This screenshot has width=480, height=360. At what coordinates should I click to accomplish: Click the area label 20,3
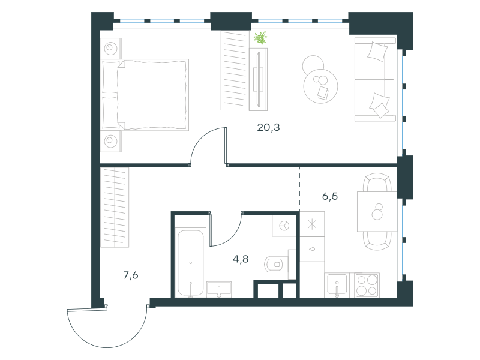(x=268, y=127)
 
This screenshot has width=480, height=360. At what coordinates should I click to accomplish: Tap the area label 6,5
(x=329, y=196)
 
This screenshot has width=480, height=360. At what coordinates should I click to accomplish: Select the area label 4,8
(x=241, y=259)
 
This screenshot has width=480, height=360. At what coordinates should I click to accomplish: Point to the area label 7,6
(x=130, y=275)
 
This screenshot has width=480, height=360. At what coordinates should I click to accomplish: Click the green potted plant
(x=260, y=38)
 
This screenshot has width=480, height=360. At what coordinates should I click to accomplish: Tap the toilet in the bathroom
(x=276, y=265)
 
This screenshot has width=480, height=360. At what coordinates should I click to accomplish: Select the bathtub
(x=190, y=263)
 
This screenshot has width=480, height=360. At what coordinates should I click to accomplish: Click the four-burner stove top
(x=367, y=285)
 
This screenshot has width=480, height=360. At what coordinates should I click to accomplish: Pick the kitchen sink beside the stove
(x=337, y=285)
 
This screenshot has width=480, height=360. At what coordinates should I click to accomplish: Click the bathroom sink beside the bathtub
(x=219, y=289)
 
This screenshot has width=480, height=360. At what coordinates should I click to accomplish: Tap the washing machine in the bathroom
(x=284, y=226)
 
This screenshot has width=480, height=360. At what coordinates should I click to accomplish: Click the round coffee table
(x=320, y=86)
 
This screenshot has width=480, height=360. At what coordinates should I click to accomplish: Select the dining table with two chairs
(x=377, y=212)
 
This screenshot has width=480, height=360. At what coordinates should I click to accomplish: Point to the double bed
(x=145, y=95)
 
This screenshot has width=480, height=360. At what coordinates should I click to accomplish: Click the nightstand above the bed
(x=111, y=49)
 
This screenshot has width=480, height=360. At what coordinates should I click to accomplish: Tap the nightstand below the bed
(x=111, y=142)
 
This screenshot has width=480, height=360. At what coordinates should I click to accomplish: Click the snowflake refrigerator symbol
(x=312, y=224)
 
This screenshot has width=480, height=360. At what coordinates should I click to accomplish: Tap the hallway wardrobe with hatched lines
(x=115, y=207)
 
